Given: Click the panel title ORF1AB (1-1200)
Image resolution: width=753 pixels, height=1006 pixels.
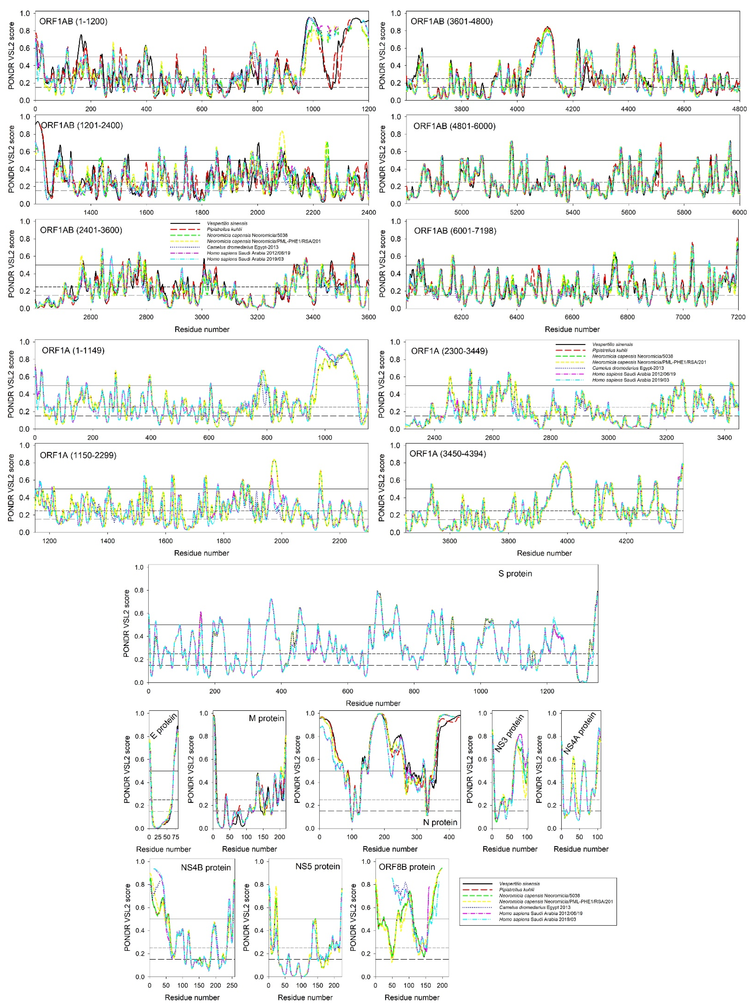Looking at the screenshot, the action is tap(73, 21).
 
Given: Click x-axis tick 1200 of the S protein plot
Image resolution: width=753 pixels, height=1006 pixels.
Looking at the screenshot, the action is tap(547, 691).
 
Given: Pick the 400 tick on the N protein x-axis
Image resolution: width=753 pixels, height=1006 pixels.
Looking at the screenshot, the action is tap(449, 837).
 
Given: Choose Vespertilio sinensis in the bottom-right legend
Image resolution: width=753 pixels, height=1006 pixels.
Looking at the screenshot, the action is tap(519, 884).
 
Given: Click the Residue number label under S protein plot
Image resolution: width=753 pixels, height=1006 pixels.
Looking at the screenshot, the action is tap(373, 703).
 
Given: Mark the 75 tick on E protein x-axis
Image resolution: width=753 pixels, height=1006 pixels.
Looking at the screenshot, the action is tap(176, 837).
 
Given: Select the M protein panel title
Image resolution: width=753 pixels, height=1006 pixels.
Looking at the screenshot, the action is tap(266, 719).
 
